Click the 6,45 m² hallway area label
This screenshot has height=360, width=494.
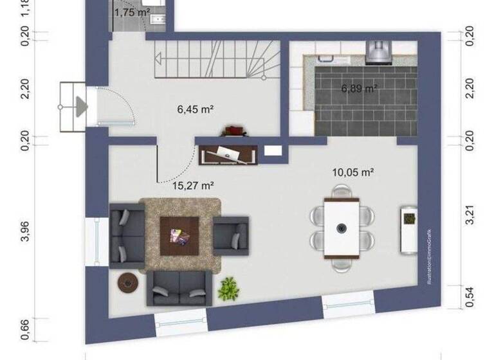196,109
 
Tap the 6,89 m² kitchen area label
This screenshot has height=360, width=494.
359,88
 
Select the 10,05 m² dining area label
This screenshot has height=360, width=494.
353,172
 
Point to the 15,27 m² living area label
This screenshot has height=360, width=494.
193,186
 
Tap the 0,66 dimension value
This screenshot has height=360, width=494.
26,329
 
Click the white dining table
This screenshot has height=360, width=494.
341,228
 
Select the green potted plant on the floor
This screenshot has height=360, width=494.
228,289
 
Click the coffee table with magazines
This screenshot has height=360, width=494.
180,232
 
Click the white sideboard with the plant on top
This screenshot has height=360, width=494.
408,229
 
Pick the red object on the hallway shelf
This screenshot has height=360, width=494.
233,130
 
